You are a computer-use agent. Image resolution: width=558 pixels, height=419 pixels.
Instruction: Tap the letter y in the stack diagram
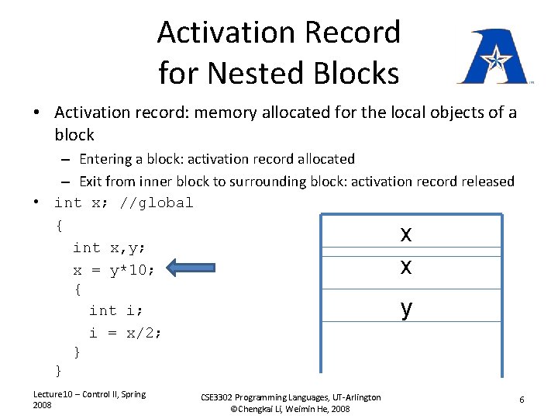point(406,308)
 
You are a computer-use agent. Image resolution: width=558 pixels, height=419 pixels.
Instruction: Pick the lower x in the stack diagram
point(406,266)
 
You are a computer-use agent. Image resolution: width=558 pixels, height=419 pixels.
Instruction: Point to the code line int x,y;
point(109,248)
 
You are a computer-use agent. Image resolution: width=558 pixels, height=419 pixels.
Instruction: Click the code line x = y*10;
point(114,270)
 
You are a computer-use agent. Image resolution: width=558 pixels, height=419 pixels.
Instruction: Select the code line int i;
point(115,310)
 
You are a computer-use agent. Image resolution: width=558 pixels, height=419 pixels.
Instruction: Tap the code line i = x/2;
point(125,332)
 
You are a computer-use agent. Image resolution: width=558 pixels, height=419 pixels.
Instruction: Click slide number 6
point(522,399)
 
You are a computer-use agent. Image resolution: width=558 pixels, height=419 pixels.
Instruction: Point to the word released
point(486,181)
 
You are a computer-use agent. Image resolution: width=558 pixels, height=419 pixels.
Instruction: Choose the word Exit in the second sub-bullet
point(91,181)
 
